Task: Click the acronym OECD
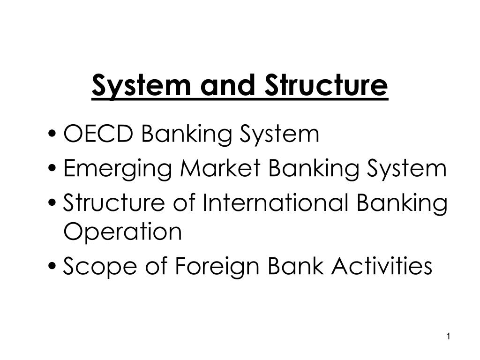[x=98, y=135]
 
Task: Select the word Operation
[x=122, y=232]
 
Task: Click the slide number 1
[x=449, y=336]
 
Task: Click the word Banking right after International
[x=402, y=203]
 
